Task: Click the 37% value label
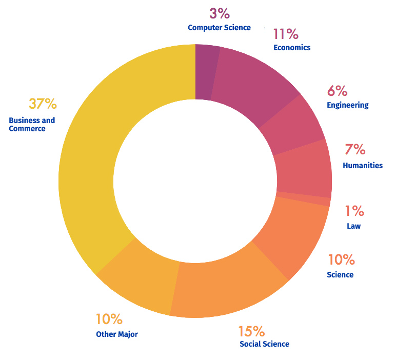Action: tap(43, 104)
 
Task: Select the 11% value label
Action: tap(285, 34)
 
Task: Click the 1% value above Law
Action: tap(354, 211)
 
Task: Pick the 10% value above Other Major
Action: tap(109, 319)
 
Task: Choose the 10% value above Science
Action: tap(341, 260)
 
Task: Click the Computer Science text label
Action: tap(219, 28)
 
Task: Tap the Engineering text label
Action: tap(347, 105)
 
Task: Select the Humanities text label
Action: tap(362, 166)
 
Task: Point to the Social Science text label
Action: tap(264, 344)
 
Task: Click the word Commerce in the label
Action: tap(27, 129)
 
